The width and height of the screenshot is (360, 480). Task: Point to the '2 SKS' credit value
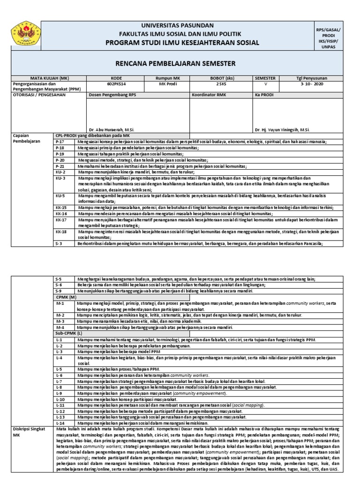(221, 84)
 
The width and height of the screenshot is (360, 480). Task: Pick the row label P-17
(60, 141)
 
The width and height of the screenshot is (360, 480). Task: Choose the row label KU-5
(60, 195)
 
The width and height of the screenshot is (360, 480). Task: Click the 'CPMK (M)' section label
(66, 297)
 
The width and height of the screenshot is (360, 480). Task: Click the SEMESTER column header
(265, 78)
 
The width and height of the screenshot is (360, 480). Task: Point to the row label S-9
(59, 291)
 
